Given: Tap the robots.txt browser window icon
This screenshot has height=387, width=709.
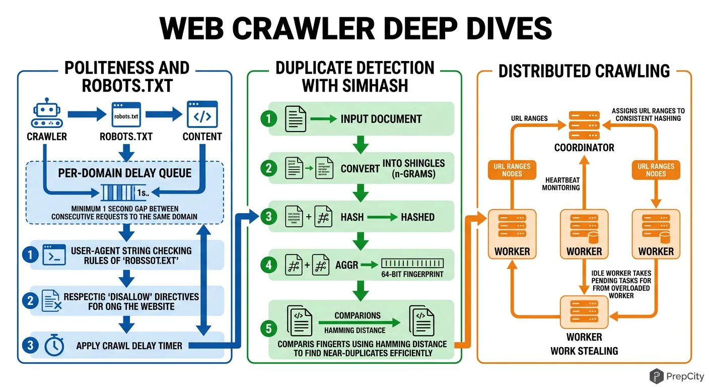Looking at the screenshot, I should (x=125, y=115).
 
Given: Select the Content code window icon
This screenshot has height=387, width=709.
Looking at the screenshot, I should (x=202, y=115).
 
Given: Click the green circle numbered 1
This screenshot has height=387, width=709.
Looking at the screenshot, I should (x=269, y=119).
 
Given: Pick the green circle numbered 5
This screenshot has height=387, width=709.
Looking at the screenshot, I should (x=269, y=329).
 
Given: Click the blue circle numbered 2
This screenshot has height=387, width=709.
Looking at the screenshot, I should (x=31, y=301).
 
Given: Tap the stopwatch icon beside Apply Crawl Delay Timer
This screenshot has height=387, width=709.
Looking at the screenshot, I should (x=54, y=346).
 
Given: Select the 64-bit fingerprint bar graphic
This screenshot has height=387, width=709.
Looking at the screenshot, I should (x=412, y=263).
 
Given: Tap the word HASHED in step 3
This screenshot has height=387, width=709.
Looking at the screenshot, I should (x=417, y=217).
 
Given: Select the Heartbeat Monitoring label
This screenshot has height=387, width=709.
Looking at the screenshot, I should (x=561, y=183).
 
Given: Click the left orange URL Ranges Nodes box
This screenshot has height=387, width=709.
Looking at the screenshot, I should (x=512, y=170).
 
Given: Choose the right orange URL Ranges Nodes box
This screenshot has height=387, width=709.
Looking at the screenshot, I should (x=656, y=170).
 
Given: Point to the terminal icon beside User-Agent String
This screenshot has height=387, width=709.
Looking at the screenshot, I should (x=54, y=255).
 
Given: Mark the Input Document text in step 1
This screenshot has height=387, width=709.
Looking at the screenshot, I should (x=381, y=119).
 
